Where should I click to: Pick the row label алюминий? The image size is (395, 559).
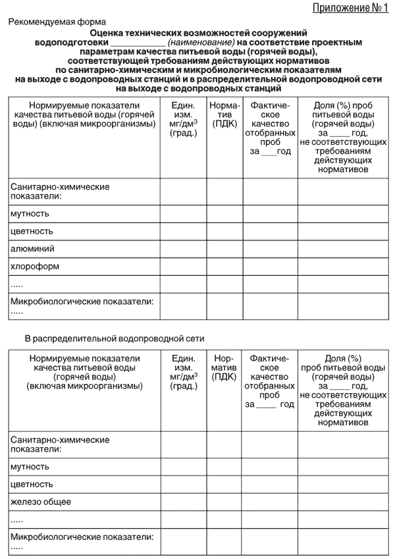pyautogui.click(x=32, y=249)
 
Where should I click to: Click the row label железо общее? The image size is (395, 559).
pyautogui.click(x=41, y=502)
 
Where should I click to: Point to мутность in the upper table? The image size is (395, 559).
pyautogui.click(x=30, y=214)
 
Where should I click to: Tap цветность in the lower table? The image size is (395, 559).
pyautogui.click(x=32, y=485)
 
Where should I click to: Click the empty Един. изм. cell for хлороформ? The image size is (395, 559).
pyautogui.click(x=183, y=267)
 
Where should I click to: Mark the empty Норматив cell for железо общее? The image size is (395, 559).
pyautogui.click(x=224, y=502)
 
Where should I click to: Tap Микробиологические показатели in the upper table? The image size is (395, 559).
pyautogui.click(x=82, y=302)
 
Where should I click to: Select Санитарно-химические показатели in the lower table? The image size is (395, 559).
pyautogui.click(x=60, y=444)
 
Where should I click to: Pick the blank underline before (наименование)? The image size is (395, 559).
pyautogui.click(x=139, y=42)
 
